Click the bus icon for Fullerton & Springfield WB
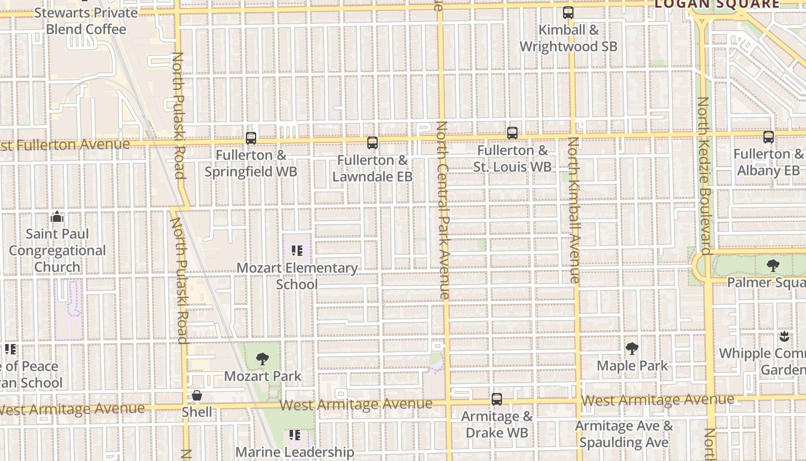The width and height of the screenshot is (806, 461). (x=251, y=138)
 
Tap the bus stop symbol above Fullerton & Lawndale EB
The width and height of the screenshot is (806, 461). (x=372, y=143)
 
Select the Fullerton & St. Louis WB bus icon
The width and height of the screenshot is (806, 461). (x=512, y=133)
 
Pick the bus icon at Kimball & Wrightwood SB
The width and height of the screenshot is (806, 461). (x=568, y=13)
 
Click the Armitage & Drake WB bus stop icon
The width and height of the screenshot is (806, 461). (x=497, y=399)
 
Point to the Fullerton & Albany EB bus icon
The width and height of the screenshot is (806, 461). (x=769, y=137)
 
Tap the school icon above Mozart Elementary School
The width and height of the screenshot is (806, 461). (x=297, y=251)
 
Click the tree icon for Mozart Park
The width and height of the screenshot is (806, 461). (x=263, y=359)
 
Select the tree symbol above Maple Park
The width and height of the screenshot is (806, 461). (x=632, y=349)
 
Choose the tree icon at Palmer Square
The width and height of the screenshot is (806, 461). (x=773, y=266)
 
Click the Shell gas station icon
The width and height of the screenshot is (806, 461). (x=197, y=395)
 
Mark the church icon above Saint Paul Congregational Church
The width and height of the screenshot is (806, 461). (x=57, y=217)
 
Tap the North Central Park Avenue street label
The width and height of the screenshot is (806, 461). (x=442, y=210)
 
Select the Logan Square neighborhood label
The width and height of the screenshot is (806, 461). (x=717, y=5)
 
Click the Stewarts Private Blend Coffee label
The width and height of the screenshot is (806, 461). (x=86, y=21)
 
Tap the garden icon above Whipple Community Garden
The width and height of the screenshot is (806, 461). (x=783, y=336)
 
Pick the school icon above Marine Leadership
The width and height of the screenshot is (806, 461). (x=295, y=434)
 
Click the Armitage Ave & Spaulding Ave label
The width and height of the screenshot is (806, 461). (x=624, y=434)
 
